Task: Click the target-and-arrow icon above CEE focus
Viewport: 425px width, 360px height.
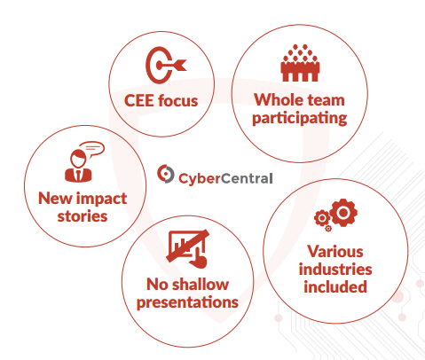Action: click(166, 65)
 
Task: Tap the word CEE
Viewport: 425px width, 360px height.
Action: click(138, 101)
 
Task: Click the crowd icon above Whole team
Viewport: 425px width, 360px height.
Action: click(300, 63)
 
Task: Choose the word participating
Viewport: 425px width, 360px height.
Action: click(300, 119)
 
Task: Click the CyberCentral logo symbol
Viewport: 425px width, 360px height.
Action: click(165, 174)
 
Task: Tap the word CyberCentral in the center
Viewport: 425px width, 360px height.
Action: click(225, 178)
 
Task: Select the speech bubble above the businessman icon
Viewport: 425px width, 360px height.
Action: click(92, 149)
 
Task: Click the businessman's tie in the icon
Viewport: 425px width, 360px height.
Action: click(78, 176)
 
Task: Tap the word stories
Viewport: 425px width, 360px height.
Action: click(83, 216)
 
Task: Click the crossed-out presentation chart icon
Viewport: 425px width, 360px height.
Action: click(188, 248)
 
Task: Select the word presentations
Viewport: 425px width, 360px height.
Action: click(187, 303)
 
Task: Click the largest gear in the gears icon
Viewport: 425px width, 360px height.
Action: click(343, 213)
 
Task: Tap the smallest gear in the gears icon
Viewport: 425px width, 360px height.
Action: click(328, 228)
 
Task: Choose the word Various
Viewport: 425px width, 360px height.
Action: click(335, 252)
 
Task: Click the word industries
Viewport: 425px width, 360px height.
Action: click(335, 270)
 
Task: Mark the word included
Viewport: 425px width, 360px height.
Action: click(335, 287)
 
